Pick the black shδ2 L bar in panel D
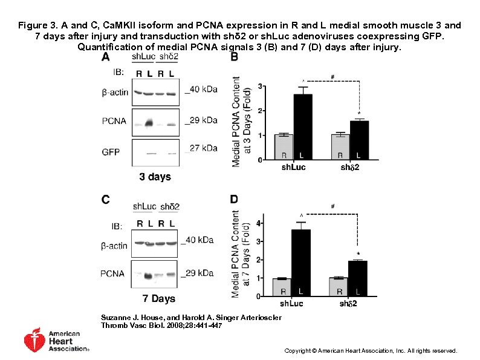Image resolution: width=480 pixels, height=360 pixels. point(358,278)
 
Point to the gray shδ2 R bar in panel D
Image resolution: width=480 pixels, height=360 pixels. point(340,287)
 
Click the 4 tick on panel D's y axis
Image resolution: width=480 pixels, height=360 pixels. point(260,223)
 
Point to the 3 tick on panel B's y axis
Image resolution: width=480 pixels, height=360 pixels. point(260,87)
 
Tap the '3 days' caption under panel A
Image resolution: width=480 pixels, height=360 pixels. point(155,177)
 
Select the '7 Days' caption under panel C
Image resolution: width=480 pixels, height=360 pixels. point(158,298)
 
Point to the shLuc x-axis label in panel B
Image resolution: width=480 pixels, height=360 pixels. point(293,167)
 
